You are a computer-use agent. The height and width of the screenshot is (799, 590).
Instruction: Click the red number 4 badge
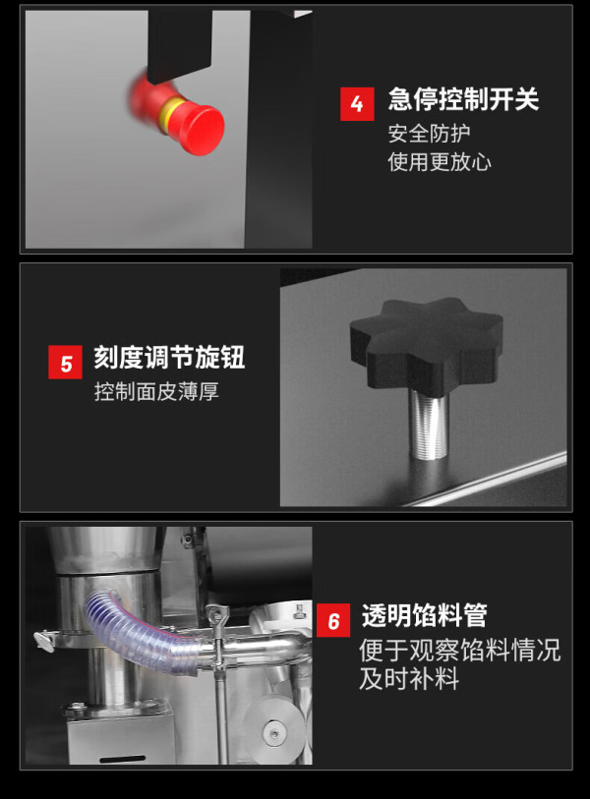(x=357, y=104)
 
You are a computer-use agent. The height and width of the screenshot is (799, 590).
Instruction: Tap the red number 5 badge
(x=65, y=363)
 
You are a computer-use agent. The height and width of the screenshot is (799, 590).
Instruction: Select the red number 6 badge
(x=333, y=620)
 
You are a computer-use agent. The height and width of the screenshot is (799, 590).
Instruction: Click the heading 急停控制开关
(x=463, y=99)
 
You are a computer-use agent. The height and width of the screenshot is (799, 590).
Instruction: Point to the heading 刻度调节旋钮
(x=169, y=357)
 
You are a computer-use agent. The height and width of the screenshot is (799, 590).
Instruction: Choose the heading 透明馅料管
(x=424, y=615)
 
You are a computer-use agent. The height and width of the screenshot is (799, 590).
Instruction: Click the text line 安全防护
(x=429, y=134)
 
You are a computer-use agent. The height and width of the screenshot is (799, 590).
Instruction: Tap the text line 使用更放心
(x=440, y=162)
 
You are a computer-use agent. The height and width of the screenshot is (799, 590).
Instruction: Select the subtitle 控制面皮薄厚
(x=156, y=391)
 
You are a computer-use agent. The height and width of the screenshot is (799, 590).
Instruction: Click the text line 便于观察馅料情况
(x=460, y=651)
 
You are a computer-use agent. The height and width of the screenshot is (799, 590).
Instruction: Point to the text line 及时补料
(x=409, y=678)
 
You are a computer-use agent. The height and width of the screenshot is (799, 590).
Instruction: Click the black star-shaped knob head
(x=427, y=343)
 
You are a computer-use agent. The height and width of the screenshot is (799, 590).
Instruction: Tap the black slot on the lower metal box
(x=122, y=759)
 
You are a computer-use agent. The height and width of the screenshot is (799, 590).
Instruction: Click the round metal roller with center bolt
(x=274, y=732)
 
